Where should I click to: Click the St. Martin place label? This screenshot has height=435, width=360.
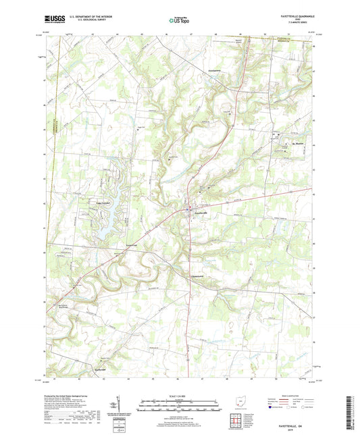coord(299,143)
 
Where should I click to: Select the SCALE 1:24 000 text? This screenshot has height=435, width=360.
coord(180,395)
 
